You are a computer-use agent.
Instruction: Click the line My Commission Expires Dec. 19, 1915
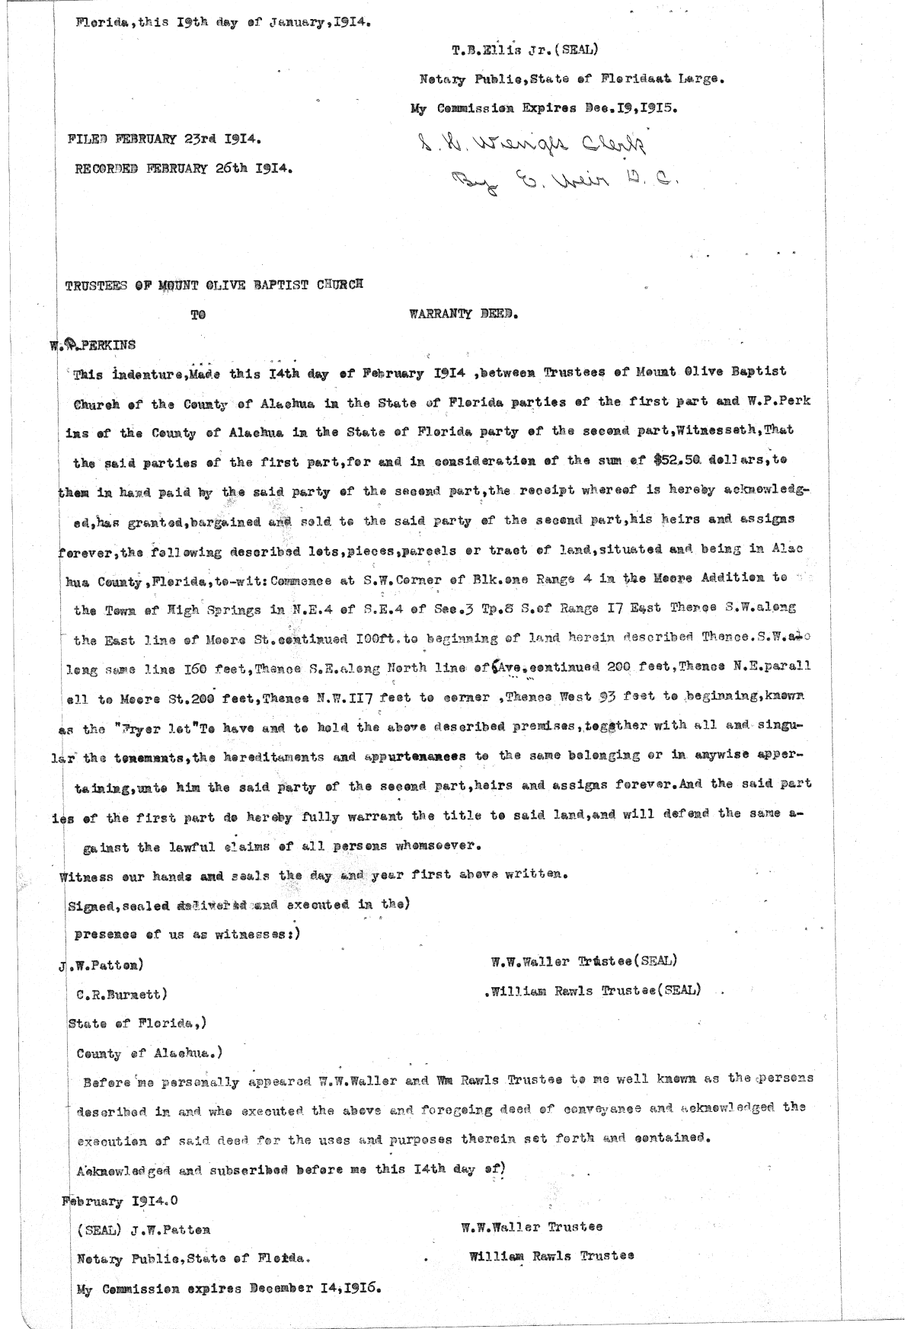545,108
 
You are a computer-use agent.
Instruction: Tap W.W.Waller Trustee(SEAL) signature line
584,961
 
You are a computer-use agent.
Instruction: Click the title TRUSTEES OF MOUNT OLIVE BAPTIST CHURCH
215,285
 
